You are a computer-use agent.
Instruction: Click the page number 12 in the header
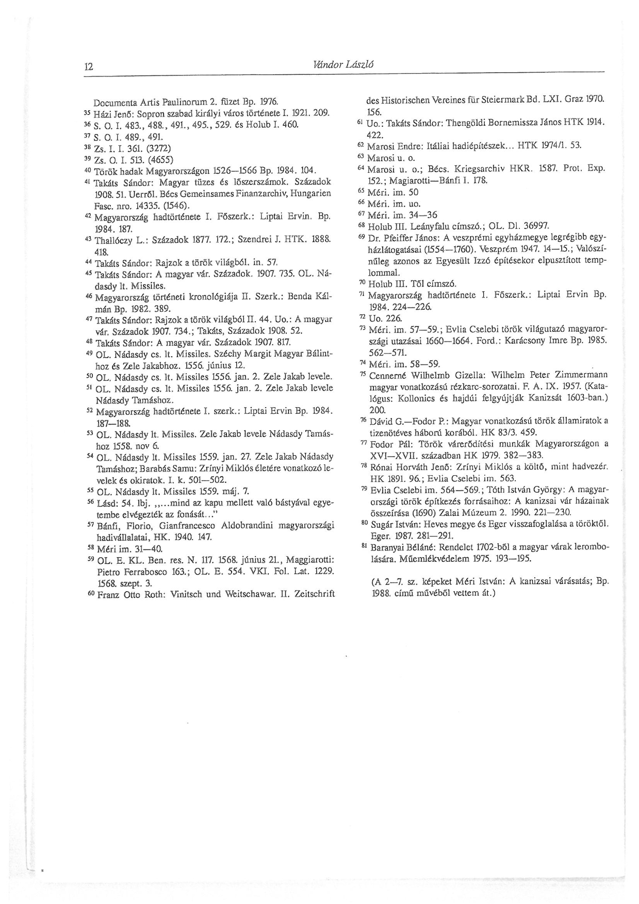click(88, 66)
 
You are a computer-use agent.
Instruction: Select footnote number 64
click(361, 168)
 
